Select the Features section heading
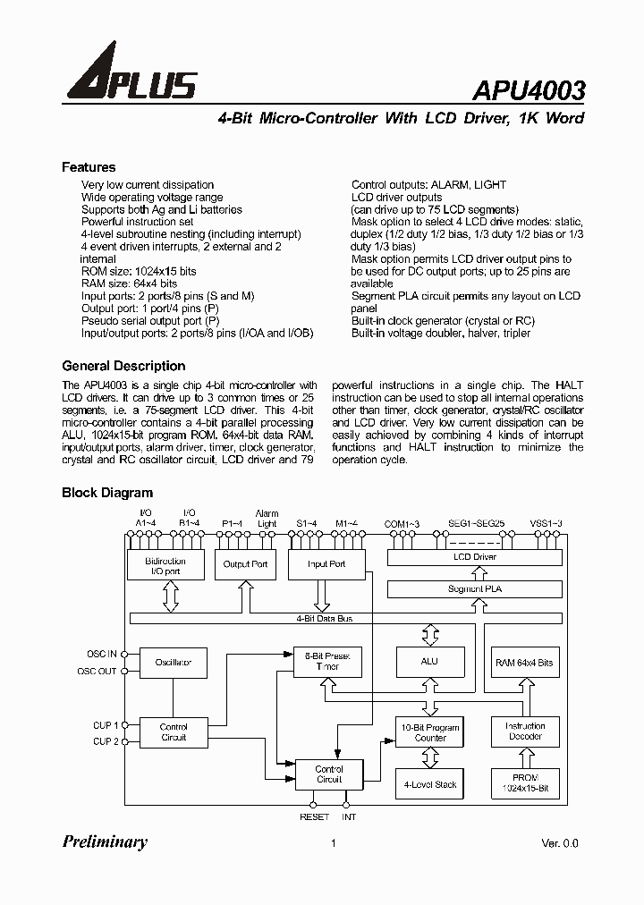click(x=89, y=167)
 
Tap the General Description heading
click(x=123, y=366)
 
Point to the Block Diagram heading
click(x=107, y=493)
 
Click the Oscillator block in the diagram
click(x=174, y=663)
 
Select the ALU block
click(x=429, y=662)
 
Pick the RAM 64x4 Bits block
click(x=524, y=663)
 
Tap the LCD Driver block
click(x=475, y=557)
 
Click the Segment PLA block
click(x=475, y=589)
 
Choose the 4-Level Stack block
click(x=430, y=784)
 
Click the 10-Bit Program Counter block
click(x=430, y=732)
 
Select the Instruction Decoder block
click(x=524, y=732)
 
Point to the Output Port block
click(x=245, y=564)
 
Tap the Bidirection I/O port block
click(x=165, y=565)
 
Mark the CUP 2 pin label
click(x=104, y=740)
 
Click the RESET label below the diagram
click(x=314, y=817)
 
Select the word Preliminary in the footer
click(x=105, y=842)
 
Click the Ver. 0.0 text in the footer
click(x=560, y=843)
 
